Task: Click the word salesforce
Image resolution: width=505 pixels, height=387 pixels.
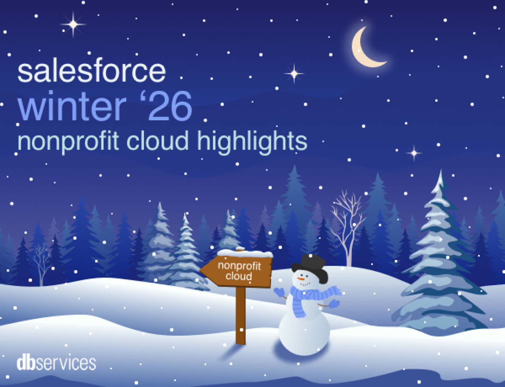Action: tap(92, 71)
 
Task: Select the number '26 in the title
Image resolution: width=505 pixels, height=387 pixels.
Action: tap(166, 106)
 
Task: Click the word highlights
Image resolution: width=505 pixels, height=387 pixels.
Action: tap(252, 141)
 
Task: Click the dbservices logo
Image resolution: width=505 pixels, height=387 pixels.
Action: tap(56, 363)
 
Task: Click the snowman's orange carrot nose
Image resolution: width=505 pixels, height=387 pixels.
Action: tap(302, 279)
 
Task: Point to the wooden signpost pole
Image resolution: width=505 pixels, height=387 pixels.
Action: tap(241, 316)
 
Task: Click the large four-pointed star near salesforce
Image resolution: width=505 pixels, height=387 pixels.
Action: tap(73, 24)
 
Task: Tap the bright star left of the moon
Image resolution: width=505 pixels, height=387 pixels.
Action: tap(294, 73)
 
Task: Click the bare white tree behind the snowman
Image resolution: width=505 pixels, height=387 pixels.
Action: tap(347, 221)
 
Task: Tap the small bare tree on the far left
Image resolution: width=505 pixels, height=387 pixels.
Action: tap(41, 260)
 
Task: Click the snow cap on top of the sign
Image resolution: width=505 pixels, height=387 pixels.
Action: tap(245, 253)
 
